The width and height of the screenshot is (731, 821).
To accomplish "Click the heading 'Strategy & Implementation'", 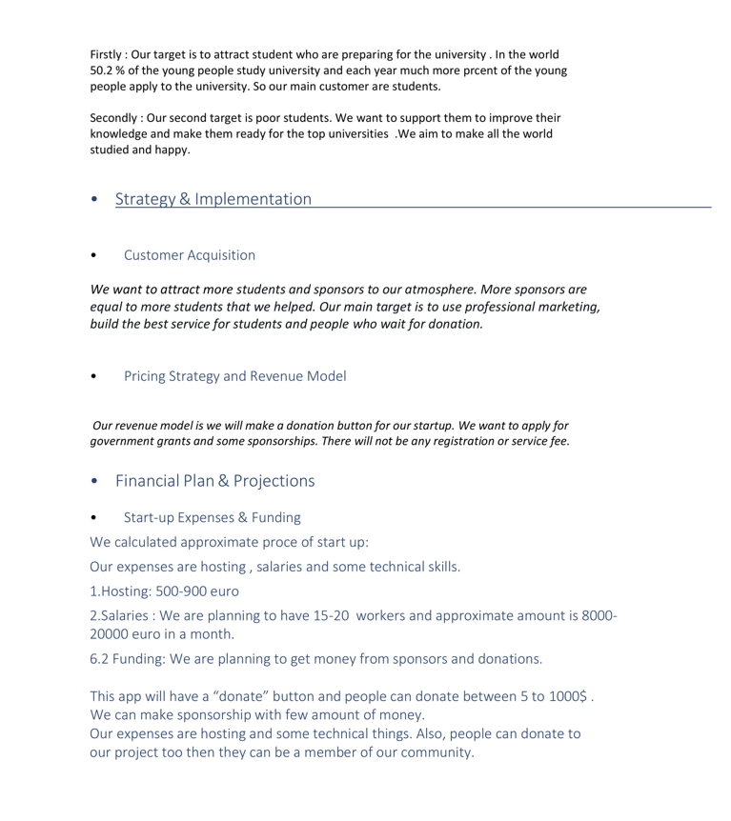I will click(213, 199).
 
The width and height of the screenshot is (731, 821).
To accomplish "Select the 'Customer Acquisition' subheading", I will click(189, 255).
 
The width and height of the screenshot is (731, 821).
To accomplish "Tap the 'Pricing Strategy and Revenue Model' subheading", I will click(234, 375).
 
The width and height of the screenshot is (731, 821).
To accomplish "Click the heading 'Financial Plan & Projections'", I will click(214, 481).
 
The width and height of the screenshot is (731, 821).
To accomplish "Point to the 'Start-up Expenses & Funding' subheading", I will click(212, 518).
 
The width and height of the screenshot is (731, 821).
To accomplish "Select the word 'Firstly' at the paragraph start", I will click(110, 54).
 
